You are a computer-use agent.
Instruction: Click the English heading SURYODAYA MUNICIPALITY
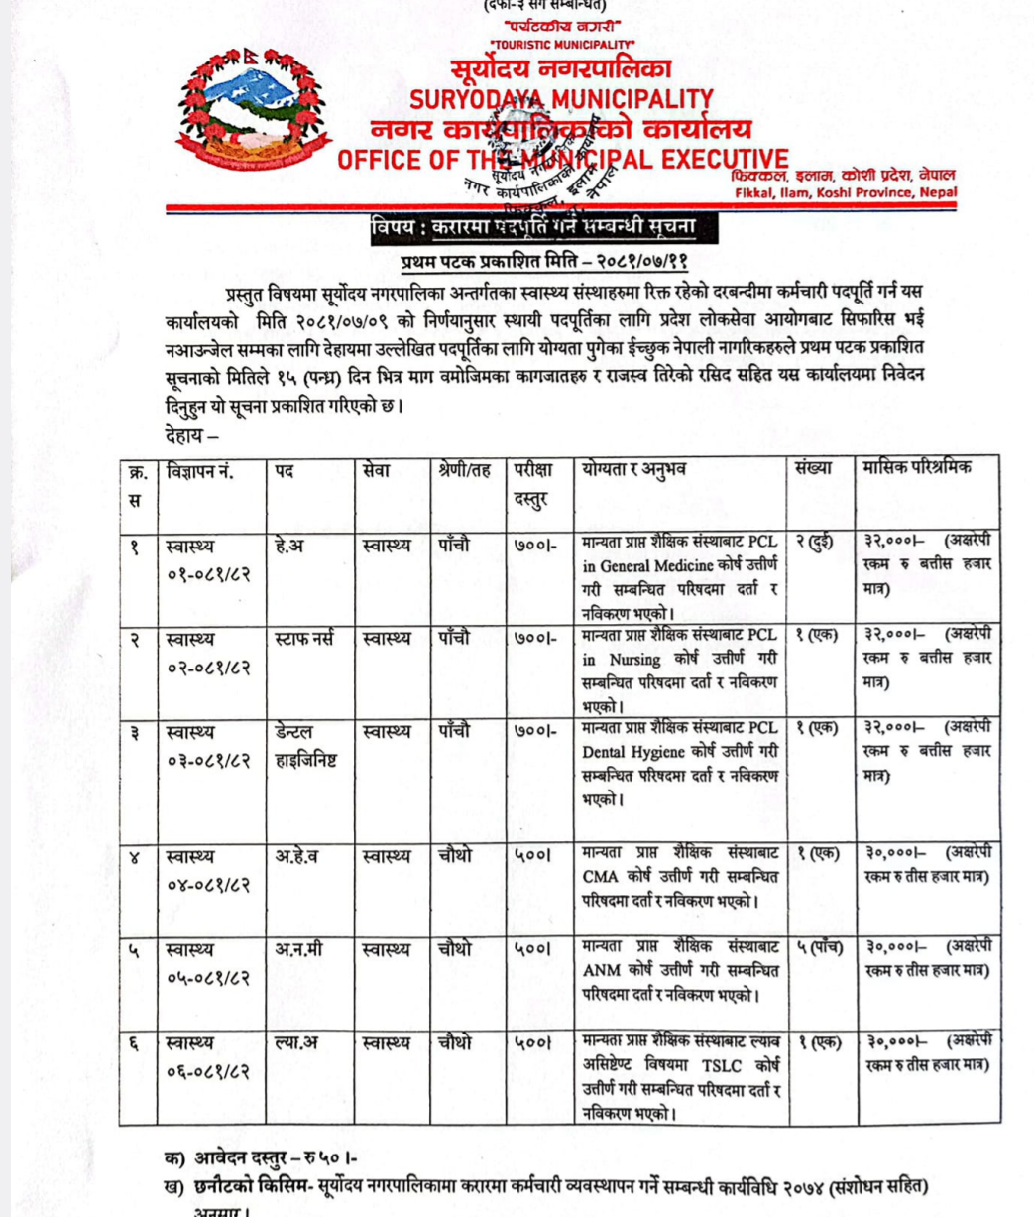561,100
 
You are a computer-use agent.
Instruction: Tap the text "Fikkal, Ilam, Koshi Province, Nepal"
846,191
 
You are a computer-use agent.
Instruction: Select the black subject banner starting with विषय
533,229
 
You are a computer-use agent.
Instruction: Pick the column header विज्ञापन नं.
200,471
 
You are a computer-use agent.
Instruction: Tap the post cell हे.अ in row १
289,545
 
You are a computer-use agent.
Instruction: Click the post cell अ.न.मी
298,950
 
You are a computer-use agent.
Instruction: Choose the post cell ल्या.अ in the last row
296,1043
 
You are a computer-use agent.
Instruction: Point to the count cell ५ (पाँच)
819,948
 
